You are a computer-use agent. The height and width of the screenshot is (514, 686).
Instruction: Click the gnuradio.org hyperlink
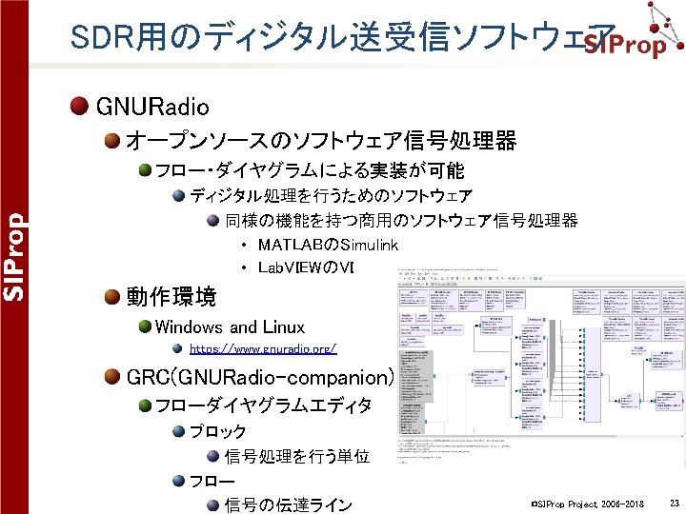263,349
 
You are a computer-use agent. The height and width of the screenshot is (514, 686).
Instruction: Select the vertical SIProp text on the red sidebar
12,256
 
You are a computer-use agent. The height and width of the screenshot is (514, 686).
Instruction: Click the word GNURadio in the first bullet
153,106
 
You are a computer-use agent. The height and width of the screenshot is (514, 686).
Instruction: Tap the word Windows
190,327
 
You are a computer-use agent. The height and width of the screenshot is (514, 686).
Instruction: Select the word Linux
282,327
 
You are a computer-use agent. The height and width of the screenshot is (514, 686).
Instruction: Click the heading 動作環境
171,297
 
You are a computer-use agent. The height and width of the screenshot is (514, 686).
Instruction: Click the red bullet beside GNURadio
80,106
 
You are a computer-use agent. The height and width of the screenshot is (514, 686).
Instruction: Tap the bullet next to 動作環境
112,297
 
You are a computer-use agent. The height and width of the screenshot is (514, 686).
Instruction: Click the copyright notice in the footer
588,503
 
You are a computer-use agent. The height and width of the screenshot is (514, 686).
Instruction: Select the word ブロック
217,431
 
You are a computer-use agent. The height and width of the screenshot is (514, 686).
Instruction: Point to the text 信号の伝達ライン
289,504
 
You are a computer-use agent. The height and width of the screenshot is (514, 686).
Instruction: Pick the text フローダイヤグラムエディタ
264,405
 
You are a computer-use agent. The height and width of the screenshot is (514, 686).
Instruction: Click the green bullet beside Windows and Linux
144,327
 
